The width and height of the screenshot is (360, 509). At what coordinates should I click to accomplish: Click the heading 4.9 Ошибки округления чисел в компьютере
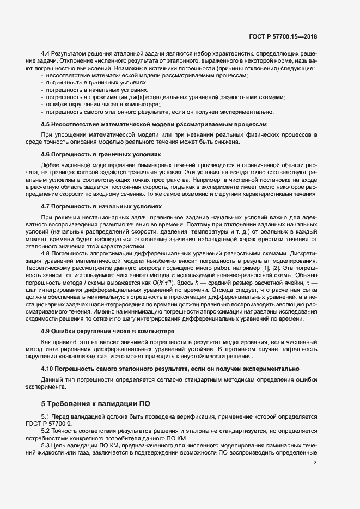[x=100, y=331]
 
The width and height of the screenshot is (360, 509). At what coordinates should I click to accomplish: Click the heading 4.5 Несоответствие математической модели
[x=154, y=124]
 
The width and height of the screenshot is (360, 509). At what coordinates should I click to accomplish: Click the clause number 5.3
[x=47, y=444]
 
